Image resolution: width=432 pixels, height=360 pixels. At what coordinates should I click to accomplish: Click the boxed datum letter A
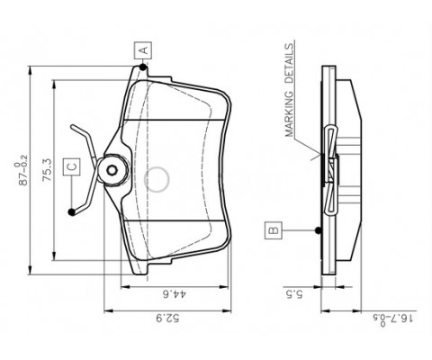143,50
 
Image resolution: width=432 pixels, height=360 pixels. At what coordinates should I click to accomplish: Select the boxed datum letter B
274,230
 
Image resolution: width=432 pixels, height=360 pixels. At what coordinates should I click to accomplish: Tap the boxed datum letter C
72,166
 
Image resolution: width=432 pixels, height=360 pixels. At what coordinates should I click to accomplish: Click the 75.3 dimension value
48,170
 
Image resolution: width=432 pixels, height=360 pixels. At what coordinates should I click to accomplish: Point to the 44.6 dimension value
175,294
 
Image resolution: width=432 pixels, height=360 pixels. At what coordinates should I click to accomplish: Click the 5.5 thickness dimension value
294,294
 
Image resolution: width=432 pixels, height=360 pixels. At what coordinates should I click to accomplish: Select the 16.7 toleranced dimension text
394,319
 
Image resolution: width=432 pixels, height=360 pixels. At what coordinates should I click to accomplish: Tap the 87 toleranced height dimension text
22,170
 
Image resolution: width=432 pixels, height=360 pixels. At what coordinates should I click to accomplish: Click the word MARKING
289,114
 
